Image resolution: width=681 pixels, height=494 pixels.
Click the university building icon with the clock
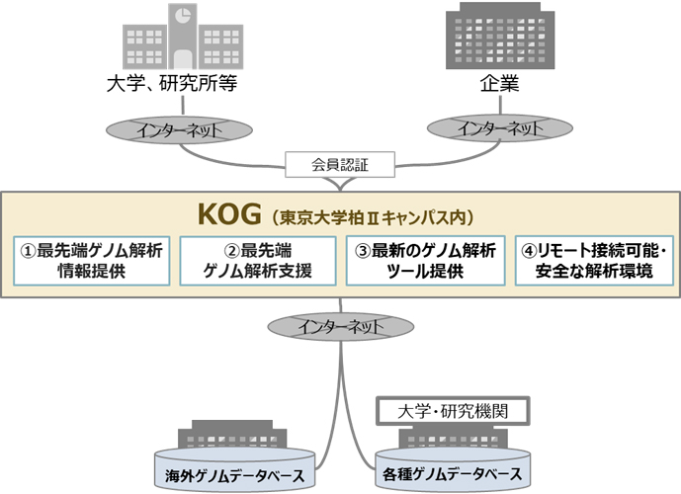169,40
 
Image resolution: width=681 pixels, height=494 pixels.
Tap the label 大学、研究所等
169,86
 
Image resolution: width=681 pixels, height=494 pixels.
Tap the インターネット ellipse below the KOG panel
341,324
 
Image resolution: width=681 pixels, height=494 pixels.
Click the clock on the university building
183,17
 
